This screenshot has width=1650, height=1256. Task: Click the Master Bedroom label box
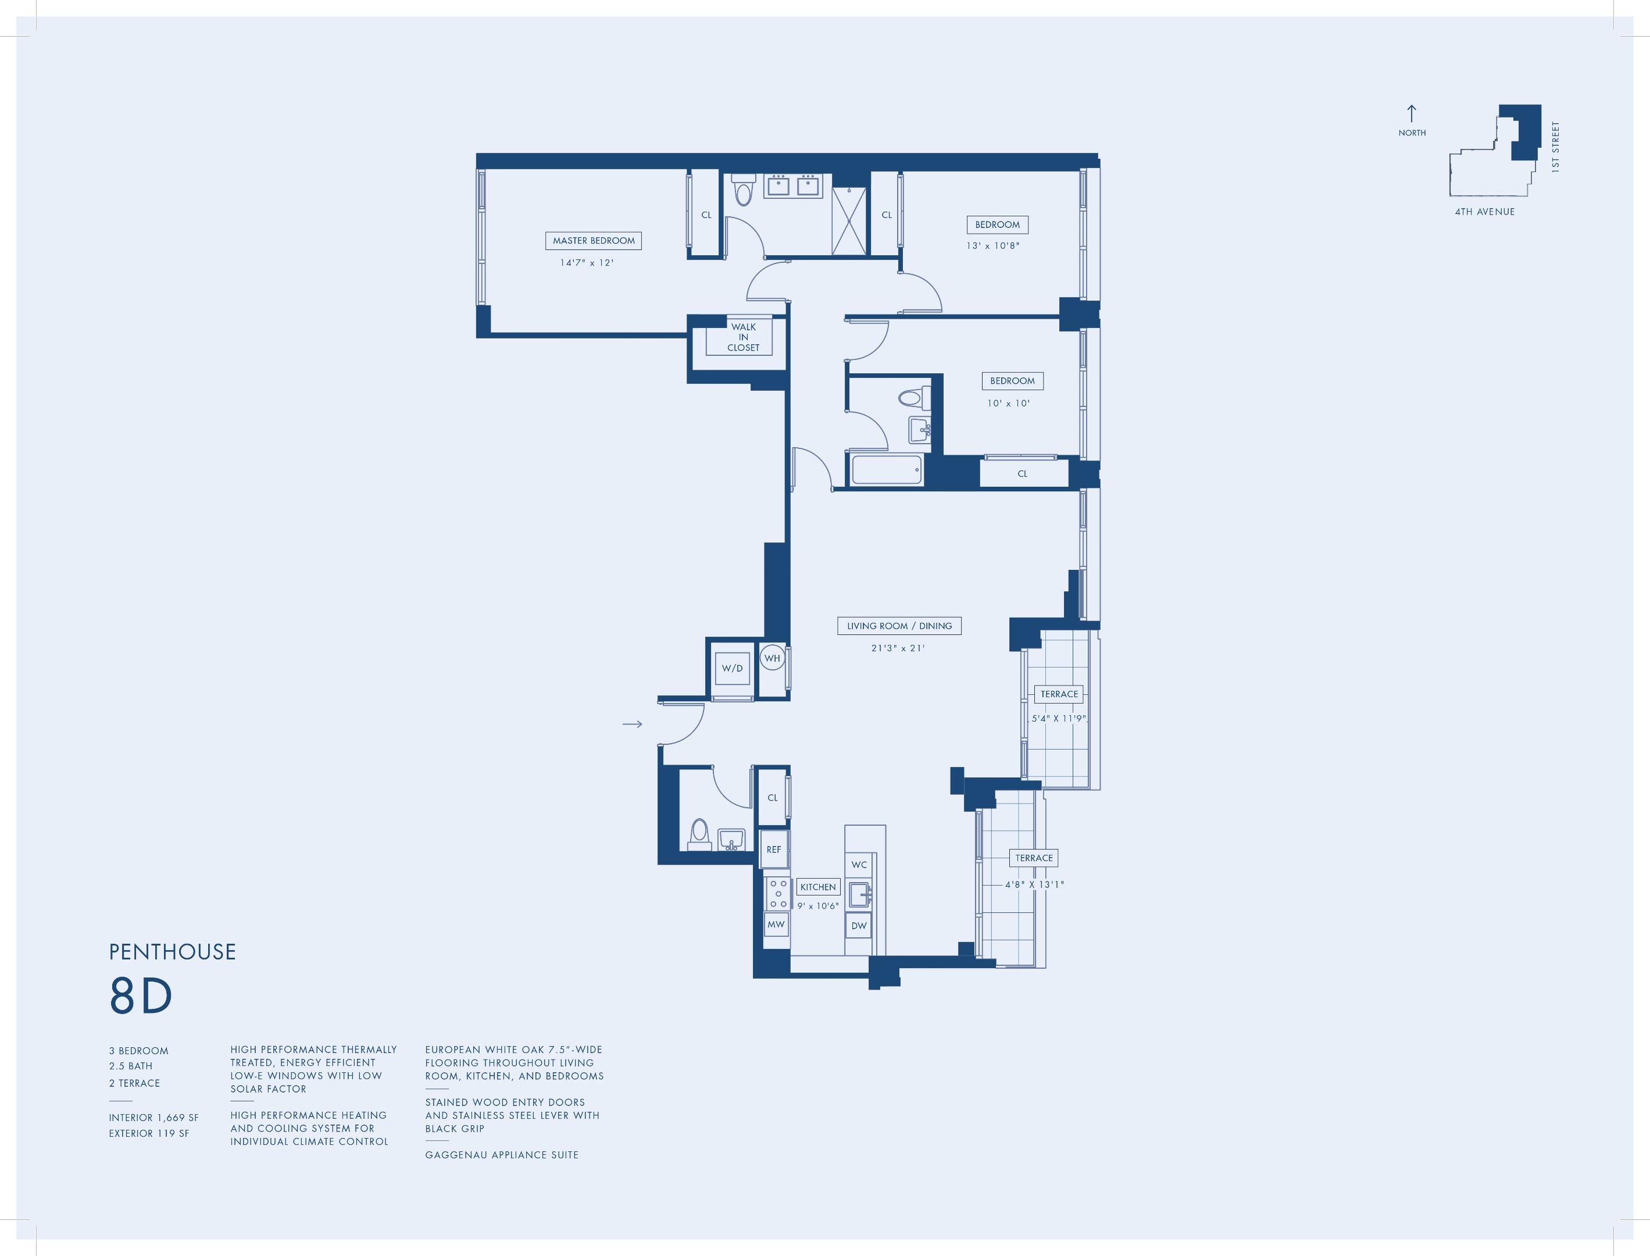pyautogui.click(x=594, y=241)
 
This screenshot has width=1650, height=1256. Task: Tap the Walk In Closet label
pyautogui.click(x=742, y=337)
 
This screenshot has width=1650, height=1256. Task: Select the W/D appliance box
pyautogui.click(x=732, y=668)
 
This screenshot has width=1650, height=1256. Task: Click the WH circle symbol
pyautogui.click(x=772, y=658)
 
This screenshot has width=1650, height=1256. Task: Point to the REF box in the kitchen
pyautogui.click(x=774, y=850)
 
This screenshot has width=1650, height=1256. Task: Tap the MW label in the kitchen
pyautogui.click(x=776, y=924)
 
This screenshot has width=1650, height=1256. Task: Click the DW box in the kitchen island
pyautogui.click(x=859, y=926)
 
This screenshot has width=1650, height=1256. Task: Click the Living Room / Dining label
pyautogui.click(x=899, y=626)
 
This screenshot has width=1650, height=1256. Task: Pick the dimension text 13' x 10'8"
pyautogui.click(x=993, y=246)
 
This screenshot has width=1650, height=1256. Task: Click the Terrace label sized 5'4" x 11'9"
pyautogui.click(x=1059, y=694)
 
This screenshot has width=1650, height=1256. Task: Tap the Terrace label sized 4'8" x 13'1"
pyautogui.click(x=1034, y=858)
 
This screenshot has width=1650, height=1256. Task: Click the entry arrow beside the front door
pyautogui.click(x=633, y=724)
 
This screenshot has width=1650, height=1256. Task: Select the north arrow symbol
pyautogui.click(x=1412, y=113)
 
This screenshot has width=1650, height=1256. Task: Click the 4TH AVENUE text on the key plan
pyautogui.click(x=1484, y=212)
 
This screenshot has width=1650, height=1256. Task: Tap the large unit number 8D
pyautogui.click(x=141, y=996)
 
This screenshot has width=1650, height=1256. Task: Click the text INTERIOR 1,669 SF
pyautogui.click(x=154, y=1118)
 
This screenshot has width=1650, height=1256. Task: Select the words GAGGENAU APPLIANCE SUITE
pyautogui.click(x=502, y=1155)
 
